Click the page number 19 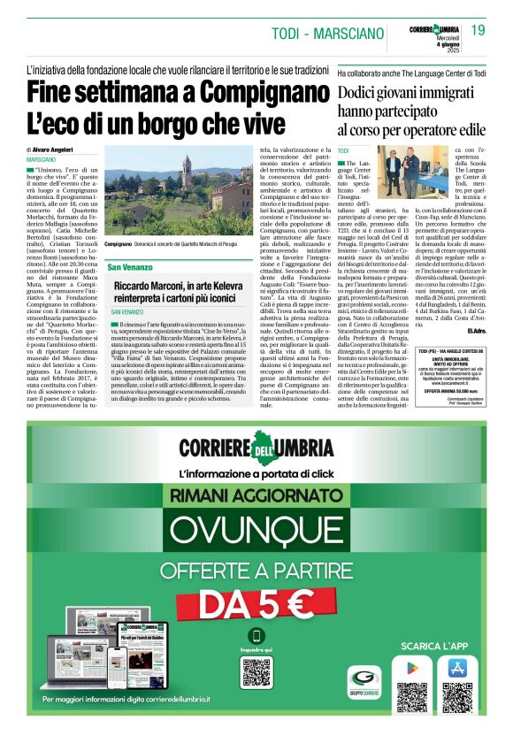(x=479, y=31)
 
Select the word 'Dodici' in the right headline (x=365, y=92)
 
